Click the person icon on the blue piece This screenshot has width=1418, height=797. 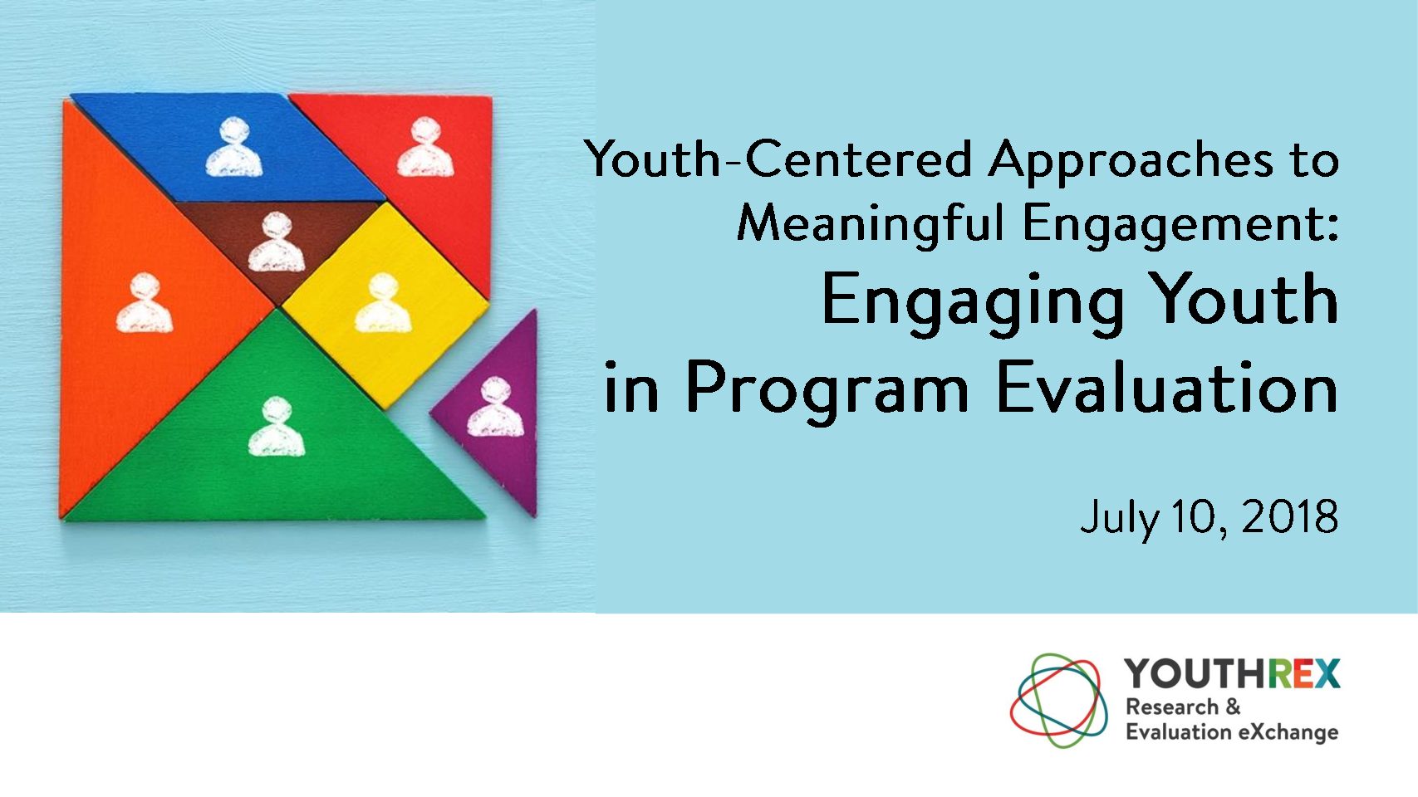(x=233, y=148)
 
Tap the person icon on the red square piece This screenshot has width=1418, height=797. (x=425, y=148)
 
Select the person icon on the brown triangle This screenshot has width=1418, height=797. (x=276, y=242)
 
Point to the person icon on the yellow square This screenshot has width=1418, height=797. (x=383, y=302)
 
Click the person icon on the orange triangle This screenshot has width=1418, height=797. (x=145, y=302)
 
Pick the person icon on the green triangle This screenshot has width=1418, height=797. (x=276, y=427)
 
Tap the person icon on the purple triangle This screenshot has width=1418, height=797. (x=496, y=406)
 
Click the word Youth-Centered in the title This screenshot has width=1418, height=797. (x=778, y=159)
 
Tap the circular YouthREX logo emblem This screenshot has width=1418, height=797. (x=1058, y=700)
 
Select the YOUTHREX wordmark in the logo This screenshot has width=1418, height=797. (x=1232, y=673)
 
